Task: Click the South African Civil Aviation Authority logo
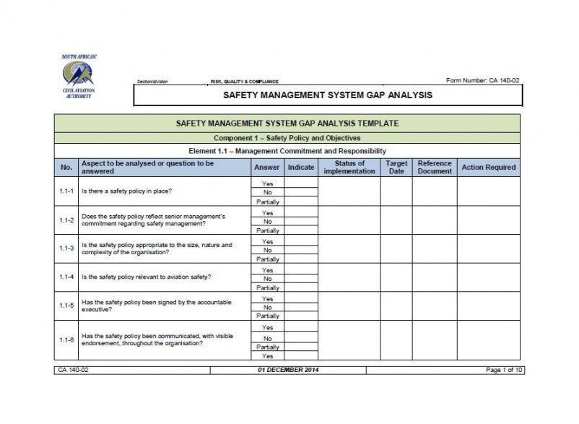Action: point(78,76)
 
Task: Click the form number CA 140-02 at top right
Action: point(483,80)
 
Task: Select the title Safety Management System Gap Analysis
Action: point(328,95)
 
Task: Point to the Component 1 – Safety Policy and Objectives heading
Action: point(287,137)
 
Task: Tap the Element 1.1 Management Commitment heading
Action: point(287,151)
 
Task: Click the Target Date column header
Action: point(396,167)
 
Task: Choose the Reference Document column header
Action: point(435,167)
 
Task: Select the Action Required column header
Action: point(488,167)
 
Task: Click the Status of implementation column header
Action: point(349,167)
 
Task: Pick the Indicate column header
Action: point(301,167)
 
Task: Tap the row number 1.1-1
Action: point(66,191)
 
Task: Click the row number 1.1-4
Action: point(66,277)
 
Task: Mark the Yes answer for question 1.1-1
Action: point(268,183)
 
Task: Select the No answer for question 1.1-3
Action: point(268,250)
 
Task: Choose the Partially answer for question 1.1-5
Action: point(268,316)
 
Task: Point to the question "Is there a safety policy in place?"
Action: point(126,191)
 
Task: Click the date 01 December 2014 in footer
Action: point(287,370)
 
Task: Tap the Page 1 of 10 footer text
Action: point(503,370)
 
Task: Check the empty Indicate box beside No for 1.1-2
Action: point(301,222)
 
